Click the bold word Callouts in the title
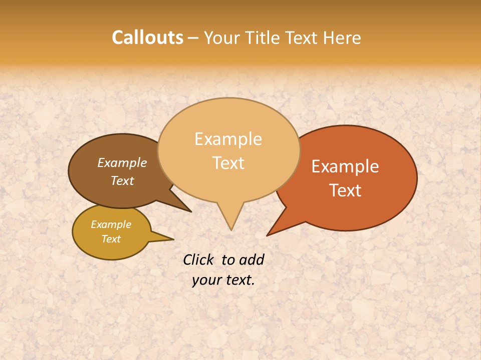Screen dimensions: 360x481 coord(147,37)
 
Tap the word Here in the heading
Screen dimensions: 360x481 coord(342,38)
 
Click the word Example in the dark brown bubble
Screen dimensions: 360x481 coord(122,162)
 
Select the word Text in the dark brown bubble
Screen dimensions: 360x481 coord(122,180)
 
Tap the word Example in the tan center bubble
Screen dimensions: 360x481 coord(228,139)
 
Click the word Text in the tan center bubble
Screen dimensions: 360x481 coord(228,162)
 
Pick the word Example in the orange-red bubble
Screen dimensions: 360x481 coord(345,166)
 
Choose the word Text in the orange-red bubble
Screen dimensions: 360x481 coord(345,190)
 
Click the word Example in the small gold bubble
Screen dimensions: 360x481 coord(111,224)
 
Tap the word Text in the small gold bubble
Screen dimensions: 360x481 coord(111,239)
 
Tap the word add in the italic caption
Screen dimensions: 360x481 coord(252,259)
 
